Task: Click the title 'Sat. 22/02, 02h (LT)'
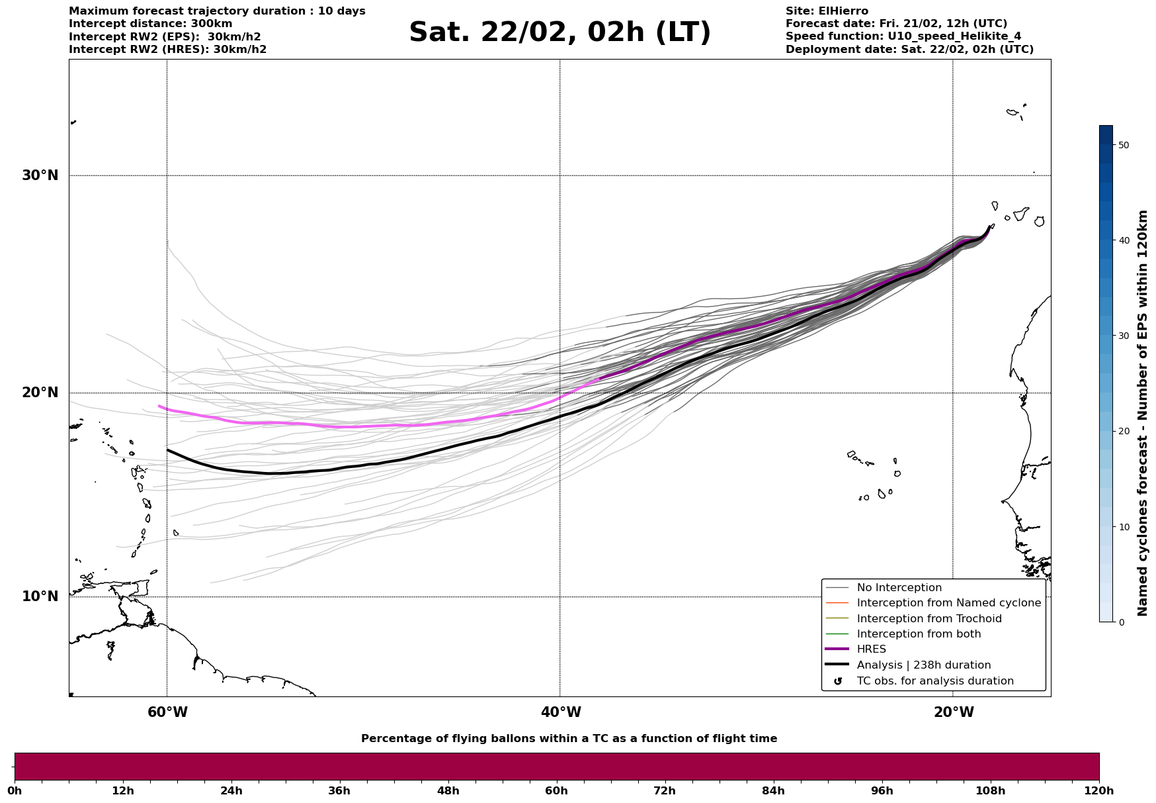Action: [559, 32]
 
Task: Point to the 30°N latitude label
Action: [40, 175]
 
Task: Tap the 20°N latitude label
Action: [40, 393]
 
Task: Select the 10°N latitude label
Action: [40, 596]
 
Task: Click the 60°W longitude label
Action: [167, 712]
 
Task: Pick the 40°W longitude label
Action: [561, 712]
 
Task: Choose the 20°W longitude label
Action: [954, 712]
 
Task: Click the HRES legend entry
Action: [871, 649]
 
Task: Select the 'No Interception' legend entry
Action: [899, 588]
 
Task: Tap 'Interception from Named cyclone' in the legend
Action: [948, 603]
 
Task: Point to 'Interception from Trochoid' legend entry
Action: [929, 619]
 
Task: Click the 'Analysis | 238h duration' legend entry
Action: [923, 665]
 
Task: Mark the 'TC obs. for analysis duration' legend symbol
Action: [838, 681]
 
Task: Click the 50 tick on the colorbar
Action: [1123, 145]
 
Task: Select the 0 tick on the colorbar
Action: [1120, 622]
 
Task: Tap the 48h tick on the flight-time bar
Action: [448, 790]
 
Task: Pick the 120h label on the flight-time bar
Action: [1098, 790]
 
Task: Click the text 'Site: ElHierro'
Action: [827, 11]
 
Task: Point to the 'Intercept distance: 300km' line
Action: [151, 24]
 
